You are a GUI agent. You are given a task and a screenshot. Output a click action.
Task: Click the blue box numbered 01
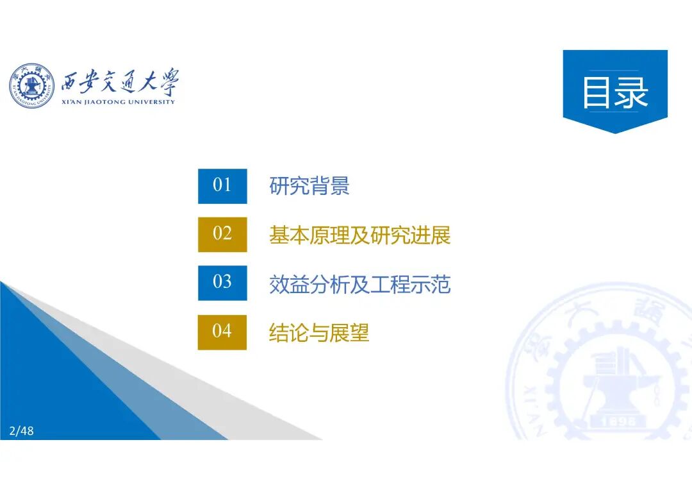[x=222, y=186]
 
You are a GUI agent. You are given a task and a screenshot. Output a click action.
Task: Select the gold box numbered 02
[x=222, y=234]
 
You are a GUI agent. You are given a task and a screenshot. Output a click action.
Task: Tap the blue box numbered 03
[x=222, y=283]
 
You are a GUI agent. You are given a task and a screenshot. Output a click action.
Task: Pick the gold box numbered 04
[x=222, y=332]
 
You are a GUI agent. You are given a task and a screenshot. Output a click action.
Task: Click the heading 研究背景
[x=309, y=187]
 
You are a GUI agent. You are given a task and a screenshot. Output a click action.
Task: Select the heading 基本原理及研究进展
[x=359, y=235]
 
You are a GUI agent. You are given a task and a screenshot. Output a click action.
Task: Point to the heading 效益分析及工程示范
[x=359, y=284]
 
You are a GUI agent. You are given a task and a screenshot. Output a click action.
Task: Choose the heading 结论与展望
[x=319, y=333]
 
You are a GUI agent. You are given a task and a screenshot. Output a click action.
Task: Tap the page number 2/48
[x=22, y=431]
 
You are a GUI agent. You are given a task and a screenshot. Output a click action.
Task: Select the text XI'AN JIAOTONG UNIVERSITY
[x=118, y=102]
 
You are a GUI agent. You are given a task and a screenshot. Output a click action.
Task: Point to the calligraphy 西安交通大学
[x=120, y=82]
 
